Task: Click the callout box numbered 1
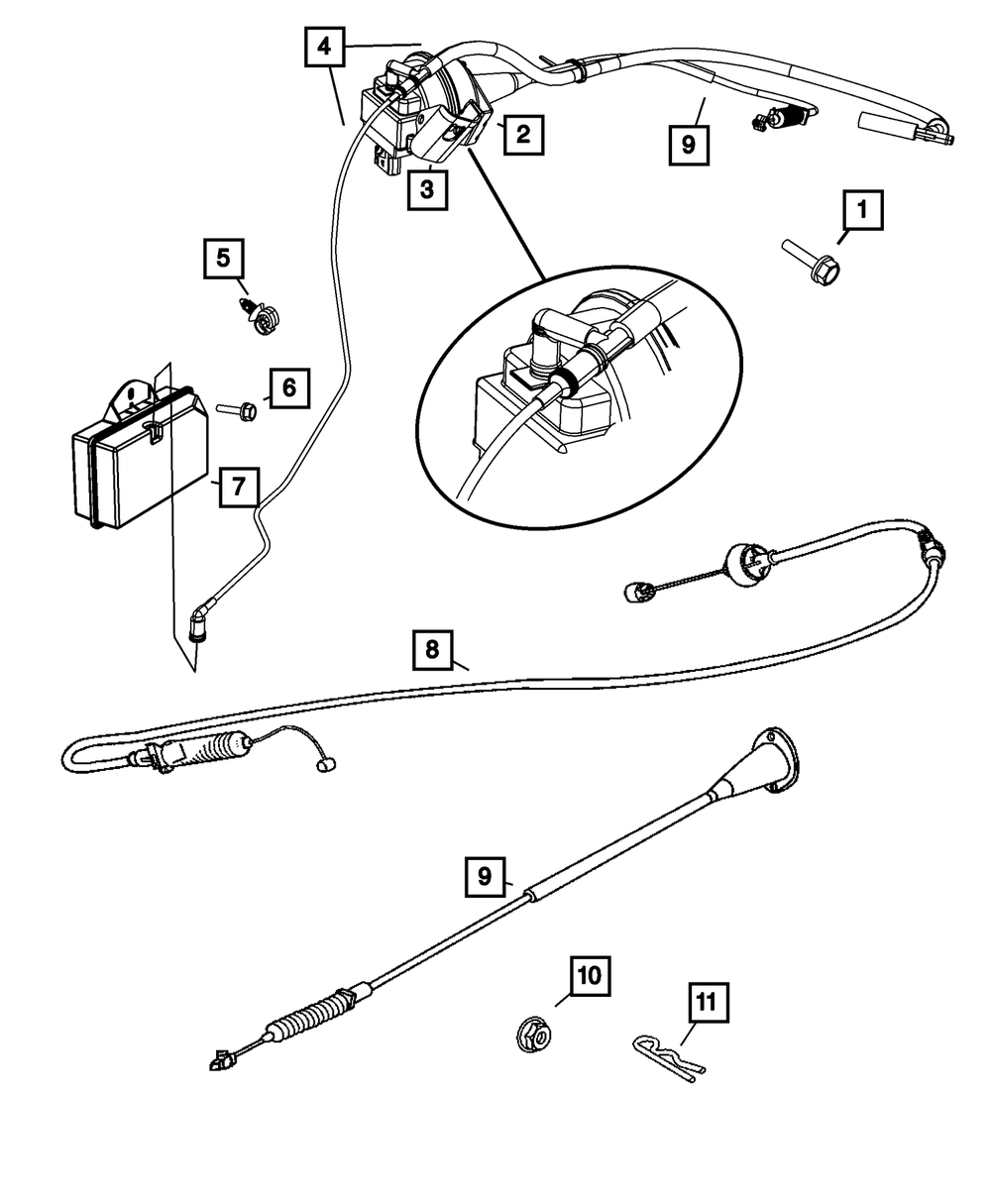click(862, 210)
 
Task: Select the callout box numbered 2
click(522, 133)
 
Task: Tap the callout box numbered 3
click(426, 189)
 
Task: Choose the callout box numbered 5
click(224, 259)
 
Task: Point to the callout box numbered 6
click(288, 387)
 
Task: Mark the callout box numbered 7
click(239, 488)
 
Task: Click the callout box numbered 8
click(432, 650)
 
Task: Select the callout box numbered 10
click(590, 976)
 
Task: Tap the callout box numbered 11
click(706, 1003)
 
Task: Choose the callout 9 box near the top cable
click(689, 146)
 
